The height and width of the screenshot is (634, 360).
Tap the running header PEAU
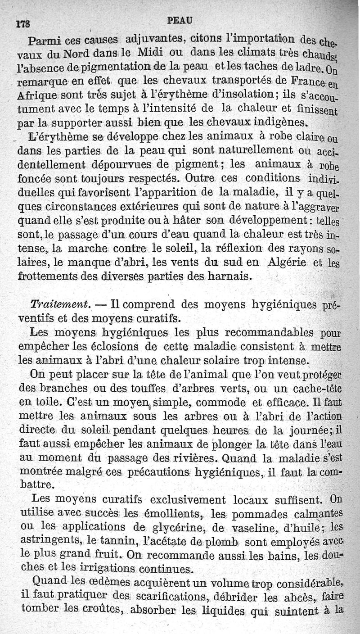tap(179, 21)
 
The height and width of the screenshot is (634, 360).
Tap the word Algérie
tap(288, 263)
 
